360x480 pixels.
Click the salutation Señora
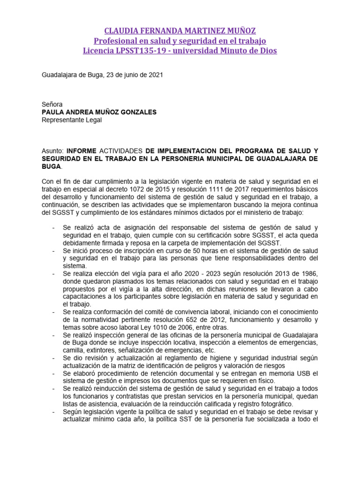point(52,104)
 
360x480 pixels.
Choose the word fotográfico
point(275,404)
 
